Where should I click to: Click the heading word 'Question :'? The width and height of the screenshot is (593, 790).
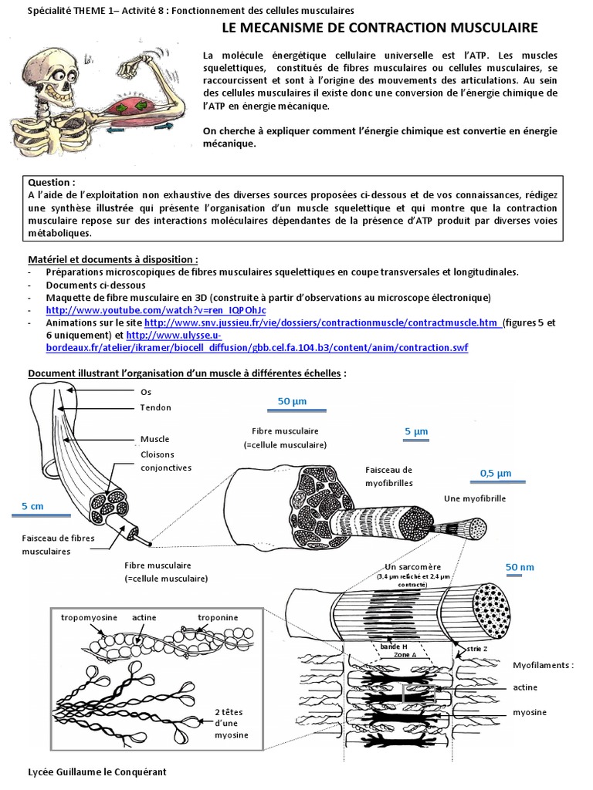(x=52, y=183)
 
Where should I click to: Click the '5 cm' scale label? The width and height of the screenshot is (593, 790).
(x=32, y=506)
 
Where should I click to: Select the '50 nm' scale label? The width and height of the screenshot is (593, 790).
(x=519, y=567)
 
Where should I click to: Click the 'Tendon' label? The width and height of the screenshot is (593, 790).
(x=155, y=407)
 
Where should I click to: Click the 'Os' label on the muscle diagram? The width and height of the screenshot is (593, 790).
(x=146, y=392)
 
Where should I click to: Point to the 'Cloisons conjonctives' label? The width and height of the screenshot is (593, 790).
(x=165, y=461)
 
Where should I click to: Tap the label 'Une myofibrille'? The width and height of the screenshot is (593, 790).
(x=474, y=499)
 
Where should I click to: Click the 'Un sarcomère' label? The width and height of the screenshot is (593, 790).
(x=410, y=567)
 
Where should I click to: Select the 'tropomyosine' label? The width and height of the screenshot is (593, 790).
(x=88, y=617)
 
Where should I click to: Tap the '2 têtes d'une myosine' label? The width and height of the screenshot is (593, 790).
(x=232, y=724)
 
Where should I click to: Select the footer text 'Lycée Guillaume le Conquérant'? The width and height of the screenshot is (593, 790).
(x=97, y=771)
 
